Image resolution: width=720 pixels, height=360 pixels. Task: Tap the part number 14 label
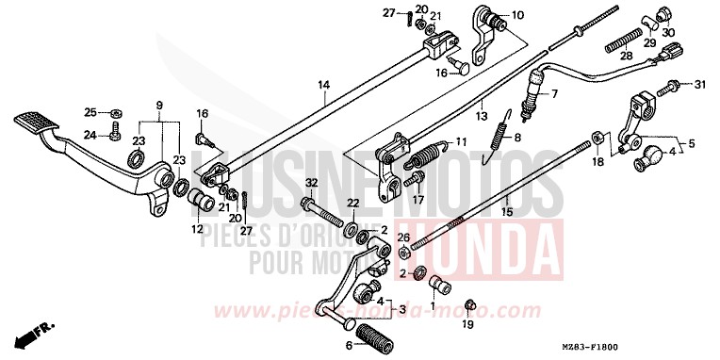tap(323, 86)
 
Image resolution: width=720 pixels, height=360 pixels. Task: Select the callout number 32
tap(312, 183)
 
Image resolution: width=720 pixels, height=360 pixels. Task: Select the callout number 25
tap(90, 112)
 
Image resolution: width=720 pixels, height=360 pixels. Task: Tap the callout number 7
tap(554, 94)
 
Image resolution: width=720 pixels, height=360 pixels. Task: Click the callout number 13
tap(483, 117)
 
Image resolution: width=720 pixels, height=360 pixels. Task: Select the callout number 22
tap(351, 203)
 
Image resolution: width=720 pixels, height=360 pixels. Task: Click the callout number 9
tap(159, 104)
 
